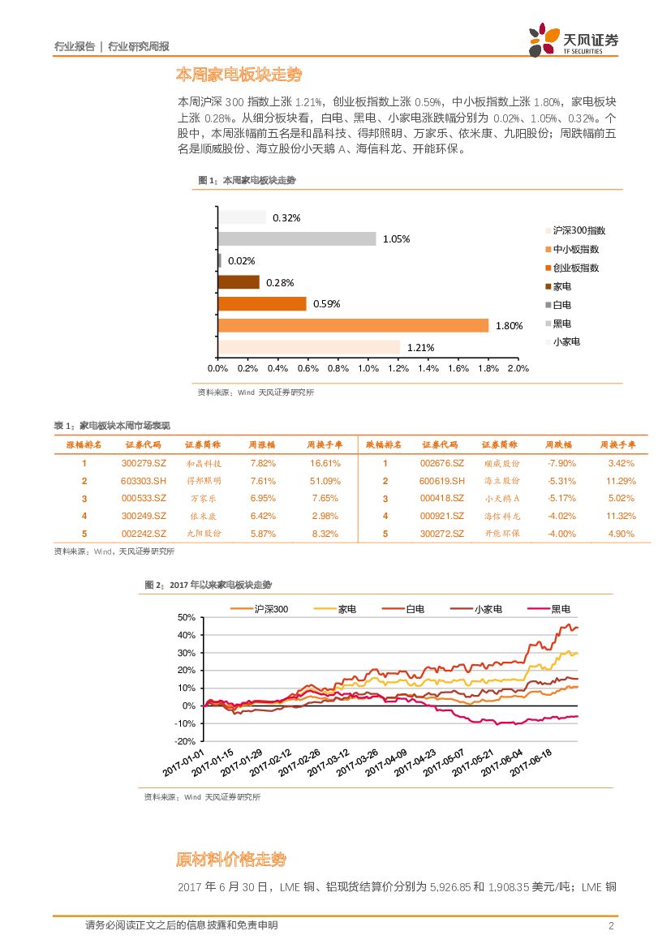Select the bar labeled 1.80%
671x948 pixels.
[353, 325]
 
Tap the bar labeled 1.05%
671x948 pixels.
[297, 238]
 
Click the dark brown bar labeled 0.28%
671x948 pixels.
[239, 282]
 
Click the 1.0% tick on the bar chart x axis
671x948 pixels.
[368, 369]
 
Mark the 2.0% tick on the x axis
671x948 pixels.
[518, 369]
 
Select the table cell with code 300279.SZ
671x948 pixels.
[143, 463]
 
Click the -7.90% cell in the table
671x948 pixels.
[561, 463]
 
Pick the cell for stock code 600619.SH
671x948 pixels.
[441, 481]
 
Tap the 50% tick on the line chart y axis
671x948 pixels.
[187, 618]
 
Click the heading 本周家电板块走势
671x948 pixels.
[239, 75]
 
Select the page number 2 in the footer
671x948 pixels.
[611, 925]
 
